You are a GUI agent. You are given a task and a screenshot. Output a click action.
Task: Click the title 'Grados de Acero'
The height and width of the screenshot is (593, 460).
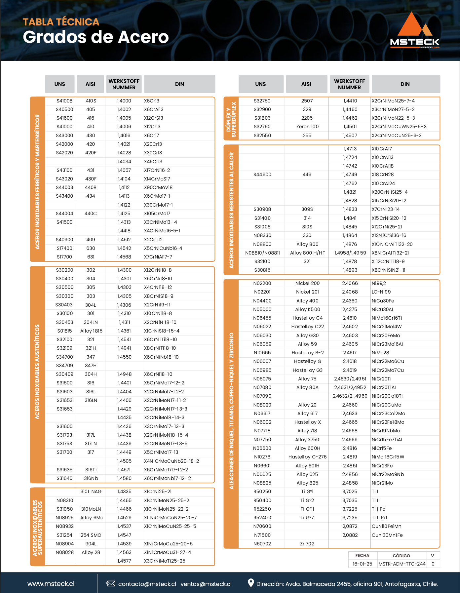pos(96,37)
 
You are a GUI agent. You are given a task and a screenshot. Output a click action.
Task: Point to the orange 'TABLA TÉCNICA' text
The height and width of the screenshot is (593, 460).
pos(61,22)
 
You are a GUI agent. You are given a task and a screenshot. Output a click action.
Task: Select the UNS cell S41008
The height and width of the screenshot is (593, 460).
pos(64,101)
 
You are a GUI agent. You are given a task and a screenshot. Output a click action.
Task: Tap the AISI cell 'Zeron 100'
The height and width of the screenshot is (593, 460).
pos(307,127)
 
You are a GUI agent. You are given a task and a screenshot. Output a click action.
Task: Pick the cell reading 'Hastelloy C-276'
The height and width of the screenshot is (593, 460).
pos(307,457)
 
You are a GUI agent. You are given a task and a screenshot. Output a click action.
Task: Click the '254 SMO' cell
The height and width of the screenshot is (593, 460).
pos(91,535)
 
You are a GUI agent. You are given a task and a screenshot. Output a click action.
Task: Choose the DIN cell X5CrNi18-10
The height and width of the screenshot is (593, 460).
pos(158,279)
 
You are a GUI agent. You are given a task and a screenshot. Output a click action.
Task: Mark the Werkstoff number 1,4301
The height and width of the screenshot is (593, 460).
pos(124,279)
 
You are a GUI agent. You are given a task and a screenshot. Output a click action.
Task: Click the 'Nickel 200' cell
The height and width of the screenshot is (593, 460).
pos(307,283)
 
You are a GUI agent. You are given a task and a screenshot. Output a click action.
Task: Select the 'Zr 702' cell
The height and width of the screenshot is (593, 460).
pos(307,544)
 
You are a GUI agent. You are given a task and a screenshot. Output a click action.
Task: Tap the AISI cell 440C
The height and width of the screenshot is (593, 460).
pos(91,214)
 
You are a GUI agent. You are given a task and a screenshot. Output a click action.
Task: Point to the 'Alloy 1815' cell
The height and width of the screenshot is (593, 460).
pos(91,331)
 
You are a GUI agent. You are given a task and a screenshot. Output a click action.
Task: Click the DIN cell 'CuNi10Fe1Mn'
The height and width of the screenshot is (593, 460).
pos(386,526)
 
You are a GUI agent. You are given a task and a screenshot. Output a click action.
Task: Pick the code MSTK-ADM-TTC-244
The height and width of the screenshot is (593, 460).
pos(402,564)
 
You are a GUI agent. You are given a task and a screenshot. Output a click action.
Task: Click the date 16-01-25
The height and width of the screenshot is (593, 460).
pos(363,564)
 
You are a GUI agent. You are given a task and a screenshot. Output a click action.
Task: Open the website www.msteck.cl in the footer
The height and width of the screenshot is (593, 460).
pos(51,584)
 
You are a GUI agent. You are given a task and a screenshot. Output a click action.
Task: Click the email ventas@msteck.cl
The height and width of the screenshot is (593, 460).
pos(206,584)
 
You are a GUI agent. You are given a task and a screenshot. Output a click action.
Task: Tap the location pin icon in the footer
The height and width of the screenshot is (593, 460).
pos(251,583)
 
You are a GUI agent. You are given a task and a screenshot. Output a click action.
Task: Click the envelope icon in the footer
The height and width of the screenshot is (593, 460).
pos(110,584)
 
